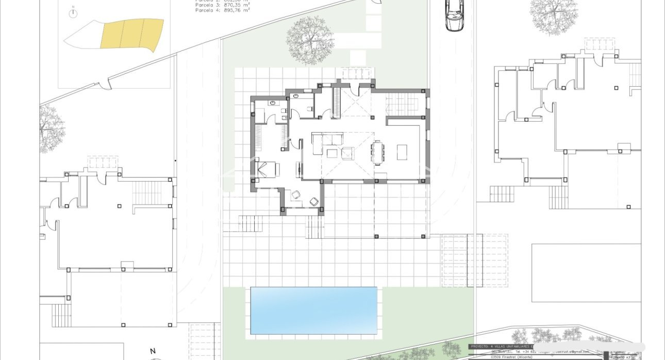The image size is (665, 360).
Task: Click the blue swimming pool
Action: pos(313,310)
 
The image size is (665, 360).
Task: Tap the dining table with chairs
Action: pos(377,152)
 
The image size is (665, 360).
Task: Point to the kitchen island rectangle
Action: pos(401,152)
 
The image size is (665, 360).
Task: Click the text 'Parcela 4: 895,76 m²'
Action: pos(222,10)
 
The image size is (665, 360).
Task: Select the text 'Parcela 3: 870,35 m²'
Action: pos(222,5)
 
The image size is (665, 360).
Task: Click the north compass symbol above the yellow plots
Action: pos(73,13)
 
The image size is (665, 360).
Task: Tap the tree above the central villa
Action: pos(309,40)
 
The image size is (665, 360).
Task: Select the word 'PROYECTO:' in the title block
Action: pos(479,346)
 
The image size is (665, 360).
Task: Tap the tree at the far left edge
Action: pos(51,128)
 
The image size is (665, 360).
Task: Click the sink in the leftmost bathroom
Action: pos(272,103)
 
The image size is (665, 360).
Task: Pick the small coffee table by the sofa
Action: pos(331,153)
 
